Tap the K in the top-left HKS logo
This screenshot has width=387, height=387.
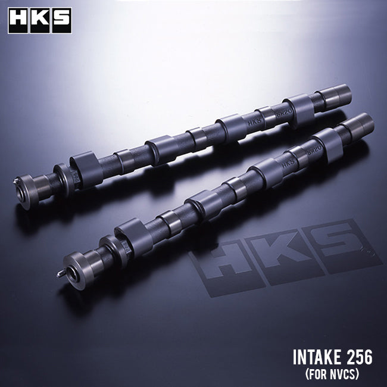pyautogui.click(x=40, y=20)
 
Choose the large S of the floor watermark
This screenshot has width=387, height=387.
pyautogui.click(x=342, y=241)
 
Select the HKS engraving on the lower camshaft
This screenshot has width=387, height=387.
pyautogui.click(x=288, y=161)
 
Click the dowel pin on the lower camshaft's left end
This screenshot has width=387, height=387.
pyautogui.click(x=61, y=274)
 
